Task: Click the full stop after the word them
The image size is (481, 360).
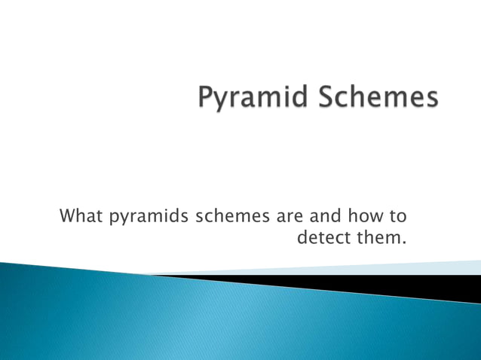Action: point(404,245)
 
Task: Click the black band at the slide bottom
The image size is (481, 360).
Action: point(377,285)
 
